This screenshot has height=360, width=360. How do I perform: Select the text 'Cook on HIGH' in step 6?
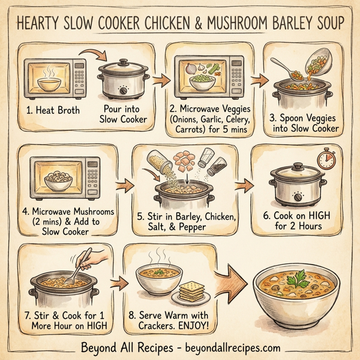[x=298, y=215]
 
